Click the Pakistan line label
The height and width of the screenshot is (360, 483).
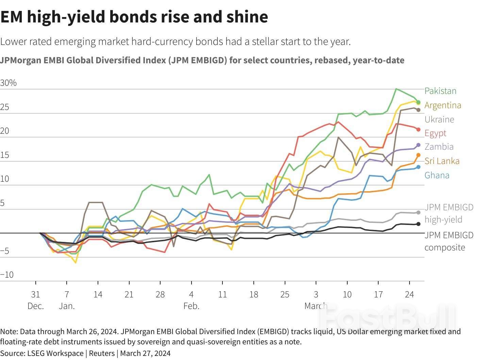click(x=440, y=91)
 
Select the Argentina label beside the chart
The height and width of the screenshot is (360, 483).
click(x=443, y=105)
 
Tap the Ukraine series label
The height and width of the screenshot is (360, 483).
click(x=439, y=119)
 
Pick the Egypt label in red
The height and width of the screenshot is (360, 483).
click(x=435, y=133)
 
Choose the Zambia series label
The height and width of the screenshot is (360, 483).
click(x=439, y=147)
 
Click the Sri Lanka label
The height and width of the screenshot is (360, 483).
click(x=442, y=161)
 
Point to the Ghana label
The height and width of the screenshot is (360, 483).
click(x=437, y=175)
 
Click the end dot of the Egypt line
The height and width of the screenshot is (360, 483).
click(x=418, y=130)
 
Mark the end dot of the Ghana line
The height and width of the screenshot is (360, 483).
click(x=418, y=167)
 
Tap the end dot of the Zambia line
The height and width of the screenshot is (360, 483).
click(x=418, y=145)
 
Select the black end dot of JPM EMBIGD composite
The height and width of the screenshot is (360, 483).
click(x=418, y=224)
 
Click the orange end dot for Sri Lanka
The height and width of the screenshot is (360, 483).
click(x=418, y=155)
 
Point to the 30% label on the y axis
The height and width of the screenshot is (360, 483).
click(x=8, y=83)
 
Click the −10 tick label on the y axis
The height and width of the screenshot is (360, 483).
click(x=7, y=275)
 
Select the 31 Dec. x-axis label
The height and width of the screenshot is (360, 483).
click(x=36, y=300)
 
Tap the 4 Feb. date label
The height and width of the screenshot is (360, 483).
click(x=191, y=300)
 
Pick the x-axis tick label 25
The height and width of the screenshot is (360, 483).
click(x=285, y=294)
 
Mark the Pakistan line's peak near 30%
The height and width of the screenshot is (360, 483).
click(x=396, y=89)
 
